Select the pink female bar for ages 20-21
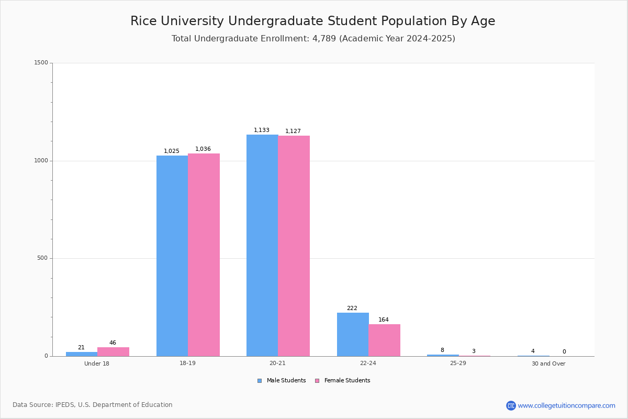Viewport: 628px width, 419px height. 294,246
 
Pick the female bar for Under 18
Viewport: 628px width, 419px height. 113,351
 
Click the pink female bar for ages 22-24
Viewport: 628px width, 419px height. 384,340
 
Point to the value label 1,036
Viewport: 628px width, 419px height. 203,149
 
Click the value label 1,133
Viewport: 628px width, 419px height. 262,130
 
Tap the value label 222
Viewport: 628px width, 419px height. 352,308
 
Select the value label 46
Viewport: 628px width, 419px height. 113,343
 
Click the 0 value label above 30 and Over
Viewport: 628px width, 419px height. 564,352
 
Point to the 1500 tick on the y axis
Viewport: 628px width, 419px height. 41,63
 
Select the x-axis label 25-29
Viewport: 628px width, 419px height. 458,363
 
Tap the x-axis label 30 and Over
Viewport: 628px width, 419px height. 548,363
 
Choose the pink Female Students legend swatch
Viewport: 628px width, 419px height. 317,381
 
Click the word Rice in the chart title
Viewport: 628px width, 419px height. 142,21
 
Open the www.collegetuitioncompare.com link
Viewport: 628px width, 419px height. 566,405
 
